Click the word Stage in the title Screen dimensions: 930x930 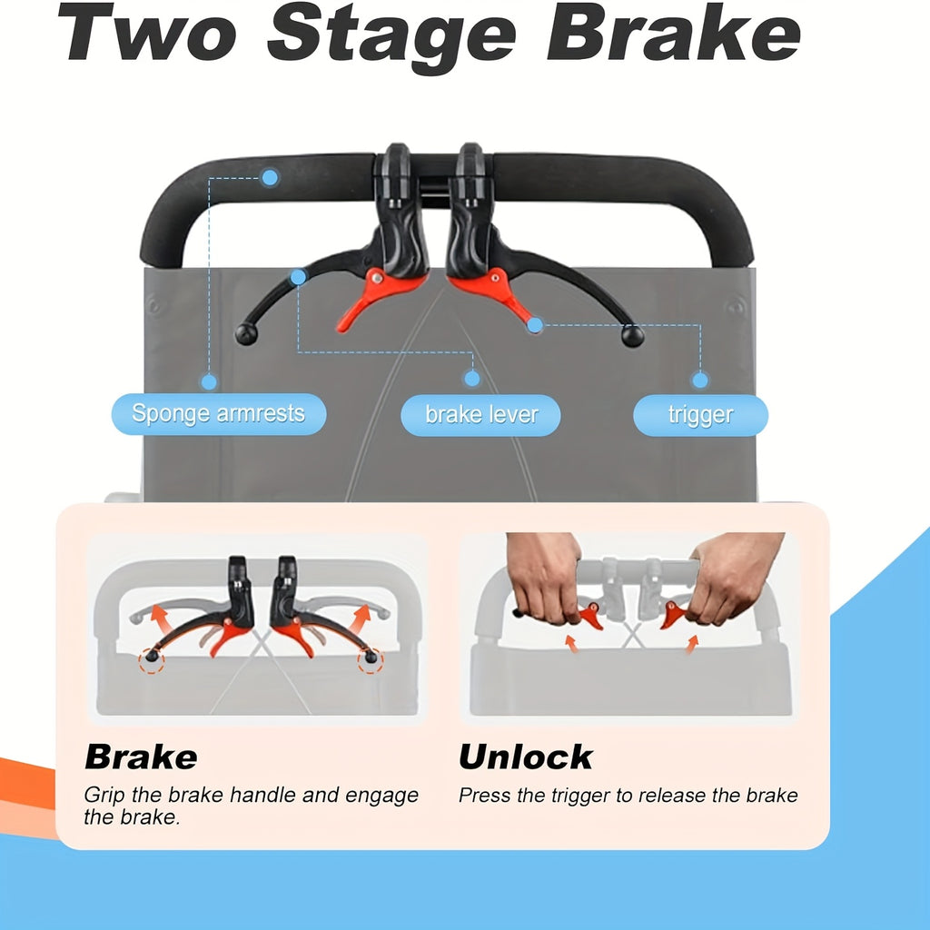391,36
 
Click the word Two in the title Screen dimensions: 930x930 147,34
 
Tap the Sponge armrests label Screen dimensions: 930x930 219,414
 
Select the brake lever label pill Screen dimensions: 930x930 481,415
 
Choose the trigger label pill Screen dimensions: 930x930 700,415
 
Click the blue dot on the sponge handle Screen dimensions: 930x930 270,177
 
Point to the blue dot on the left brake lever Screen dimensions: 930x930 298,276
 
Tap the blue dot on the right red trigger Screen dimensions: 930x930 535,325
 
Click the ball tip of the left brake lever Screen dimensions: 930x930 246,334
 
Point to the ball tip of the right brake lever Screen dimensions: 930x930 632,336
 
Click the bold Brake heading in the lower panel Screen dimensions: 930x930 141,757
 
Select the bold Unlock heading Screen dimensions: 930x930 526,757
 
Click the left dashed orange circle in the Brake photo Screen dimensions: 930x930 152,659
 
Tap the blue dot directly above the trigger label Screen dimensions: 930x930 700,380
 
